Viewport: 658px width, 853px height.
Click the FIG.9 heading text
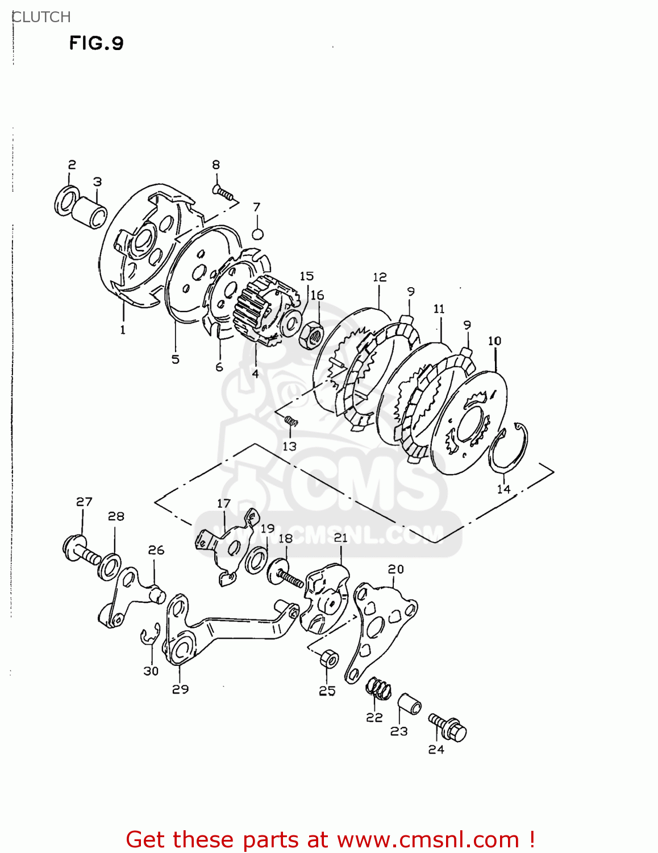tap(96, 43)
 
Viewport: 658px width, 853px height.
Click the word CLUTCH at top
tap(41, 17)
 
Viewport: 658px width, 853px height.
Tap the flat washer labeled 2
tap(66, 200)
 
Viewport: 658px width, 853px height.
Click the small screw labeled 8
tap(223, 193)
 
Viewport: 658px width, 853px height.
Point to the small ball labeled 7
tap(257, 234)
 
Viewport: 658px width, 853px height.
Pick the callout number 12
tap(380, 277)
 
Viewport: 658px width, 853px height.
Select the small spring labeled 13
tap(290, 421)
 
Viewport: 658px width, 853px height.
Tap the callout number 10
tap(494, 341)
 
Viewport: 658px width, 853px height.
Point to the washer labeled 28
tap(109, 567)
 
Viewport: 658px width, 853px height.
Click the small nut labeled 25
tap(328, 660)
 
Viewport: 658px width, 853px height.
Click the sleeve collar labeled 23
tap(409, 705)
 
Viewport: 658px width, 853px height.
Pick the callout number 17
tap(224, 503)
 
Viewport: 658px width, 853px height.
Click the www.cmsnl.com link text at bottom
tap(427, 840)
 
